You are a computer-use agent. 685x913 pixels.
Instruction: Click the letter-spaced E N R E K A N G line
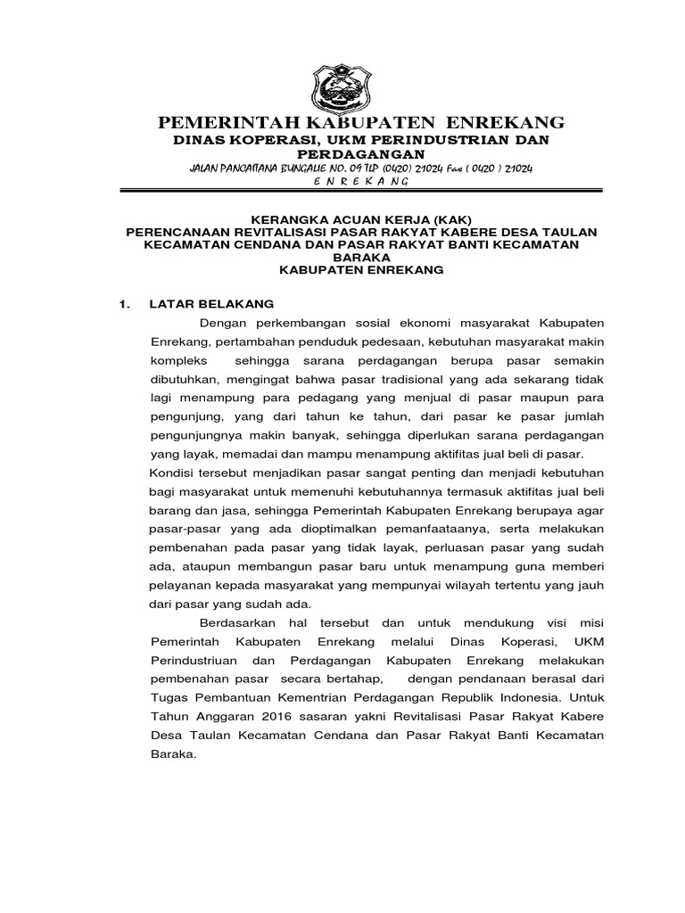tap(361, 182)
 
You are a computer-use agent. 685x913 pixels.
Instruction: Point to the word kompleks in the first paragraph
tap(179, 360)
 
